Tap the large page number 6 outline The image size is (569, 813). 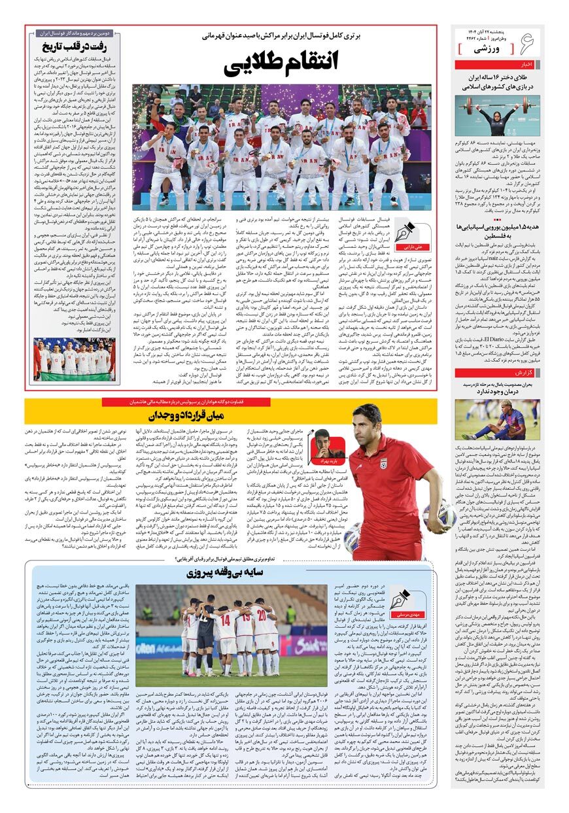[x=526, y=45]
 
